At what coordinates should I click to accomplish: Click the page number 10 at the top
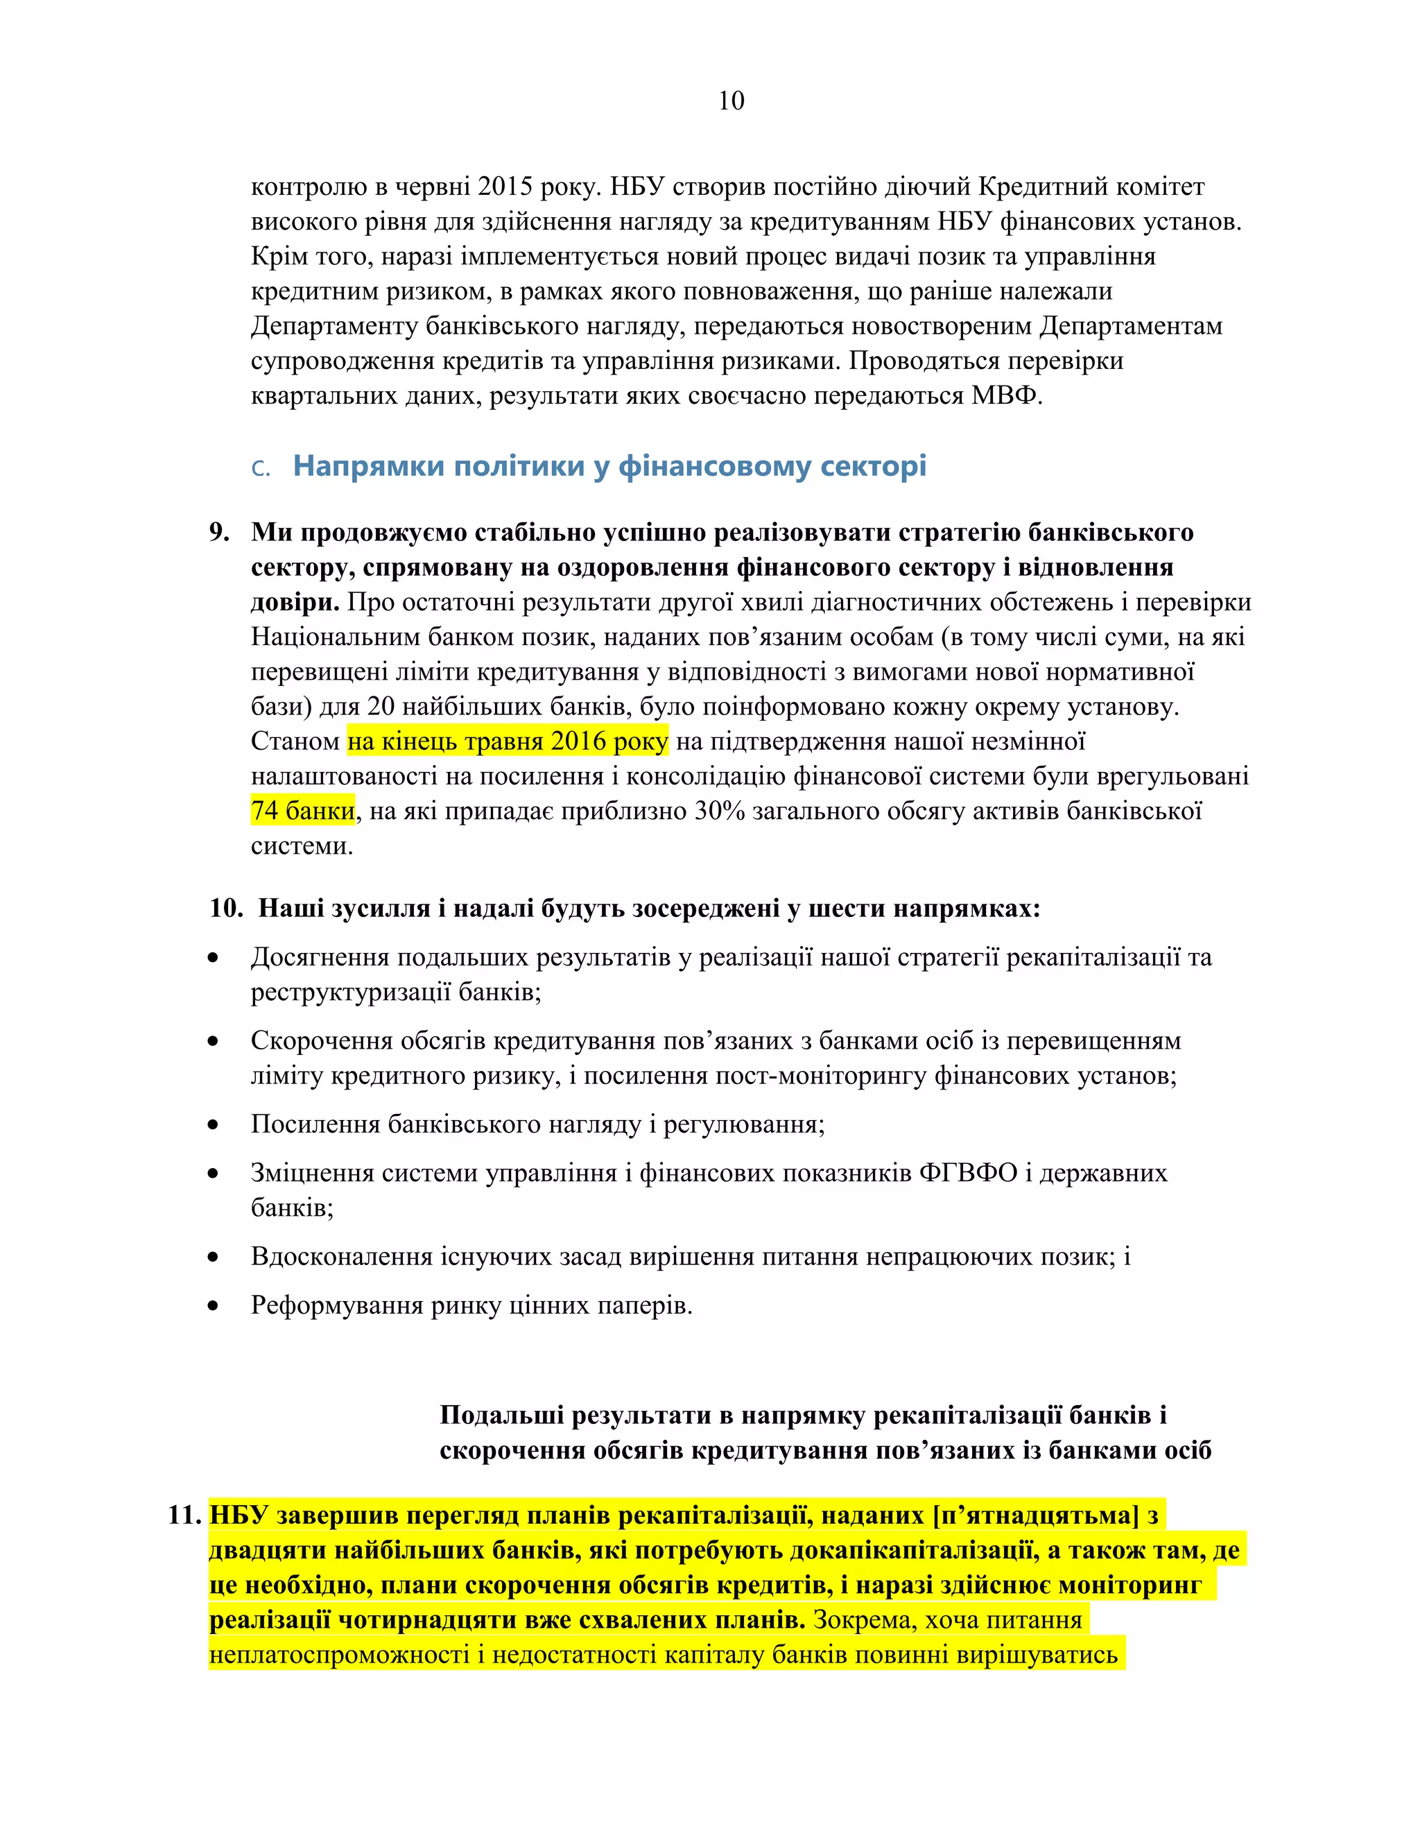click(730, 101)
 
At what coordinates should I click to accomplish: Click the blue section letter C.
click(260, 469)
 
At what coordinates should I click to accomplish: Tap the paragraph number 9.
click(218, 532)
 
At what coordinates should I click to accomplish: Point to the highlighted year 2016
click(579, 741)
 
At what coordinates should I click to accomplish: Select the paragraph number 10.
click(225, 908)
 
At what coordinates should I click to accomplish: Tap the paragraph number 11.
click(184, 1515)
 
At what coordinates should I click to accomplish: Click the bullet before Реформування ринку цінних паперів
click(214, 1306)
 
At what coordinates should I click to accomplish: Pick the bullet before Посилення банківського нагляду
click(214, 1124)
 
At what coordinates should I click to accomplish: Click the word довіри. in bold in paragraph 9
click(295, 602)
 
